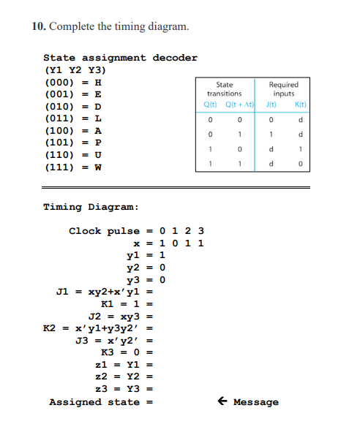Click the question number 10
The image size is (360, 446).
(38, 27)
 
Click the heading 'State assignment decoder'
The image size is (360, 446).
(120, 58)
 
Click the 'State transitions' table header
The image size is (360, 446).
(225, 89)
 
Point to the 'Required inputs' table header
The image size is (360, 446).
(283, 89)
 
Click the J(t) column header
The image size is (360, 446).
(270, 105)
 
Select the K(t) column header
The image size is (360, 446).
(299, 105)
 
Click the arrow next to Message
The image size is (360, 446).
(222, 401)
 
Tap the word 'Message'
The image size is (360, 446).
(256, 402)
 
